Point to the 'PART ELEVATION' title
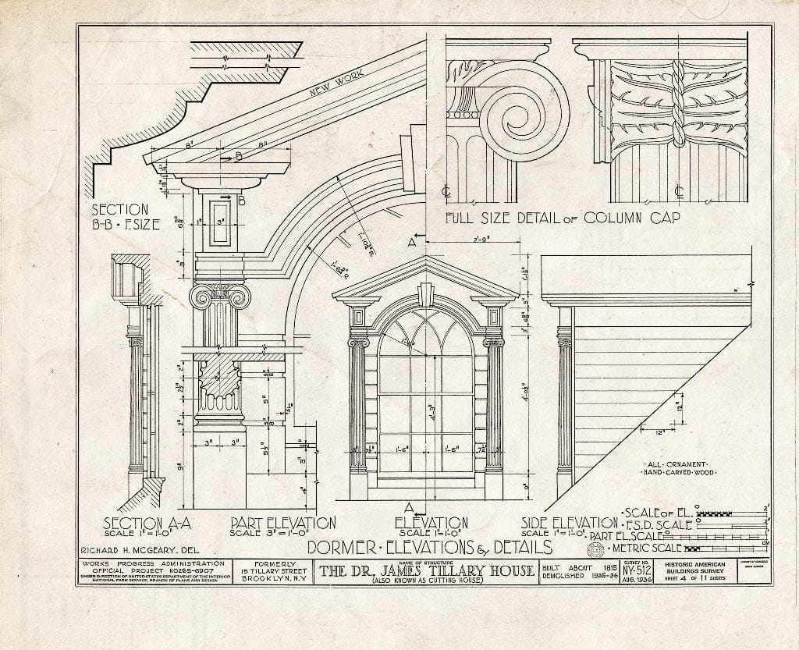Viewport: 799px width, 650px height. point(282,523)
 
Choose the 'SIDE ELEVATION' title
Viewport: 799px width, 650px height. point(569,523)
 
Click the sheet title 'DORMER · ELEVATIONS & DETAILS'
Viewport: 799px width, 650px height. point(429,546)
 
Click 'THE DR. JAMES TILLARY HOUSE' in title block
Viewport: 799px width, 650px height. point(425,570)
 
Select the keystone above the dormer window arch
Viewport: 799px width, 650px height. point(425,295)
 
